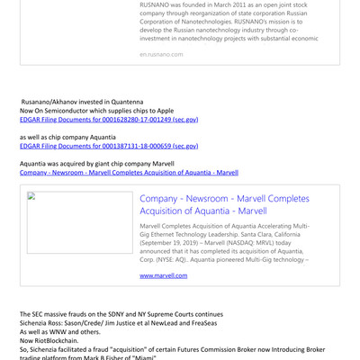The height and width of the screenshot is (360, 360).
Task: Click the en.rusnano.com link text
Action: coord(161,55)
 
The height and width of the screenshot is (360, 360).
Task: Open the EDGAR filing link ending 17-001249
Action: coord(109,120)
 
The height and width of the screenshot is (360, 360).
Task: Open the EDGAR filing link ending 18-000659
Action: coord(109,146)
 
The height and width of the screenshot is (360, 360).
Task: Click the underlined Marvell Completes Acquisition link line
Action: coord(129,172)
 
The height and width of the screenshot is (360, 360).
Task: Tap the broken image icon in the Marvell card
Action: coord(32,197)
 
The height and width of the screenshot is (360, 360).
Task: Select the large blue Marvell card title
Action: coord(224,204)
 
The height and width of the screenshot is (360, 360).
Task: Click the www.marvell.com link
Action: coord(164,274)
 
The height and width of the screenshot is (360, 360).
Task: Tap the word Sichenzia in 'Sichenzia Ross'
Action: coord(41,323)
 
